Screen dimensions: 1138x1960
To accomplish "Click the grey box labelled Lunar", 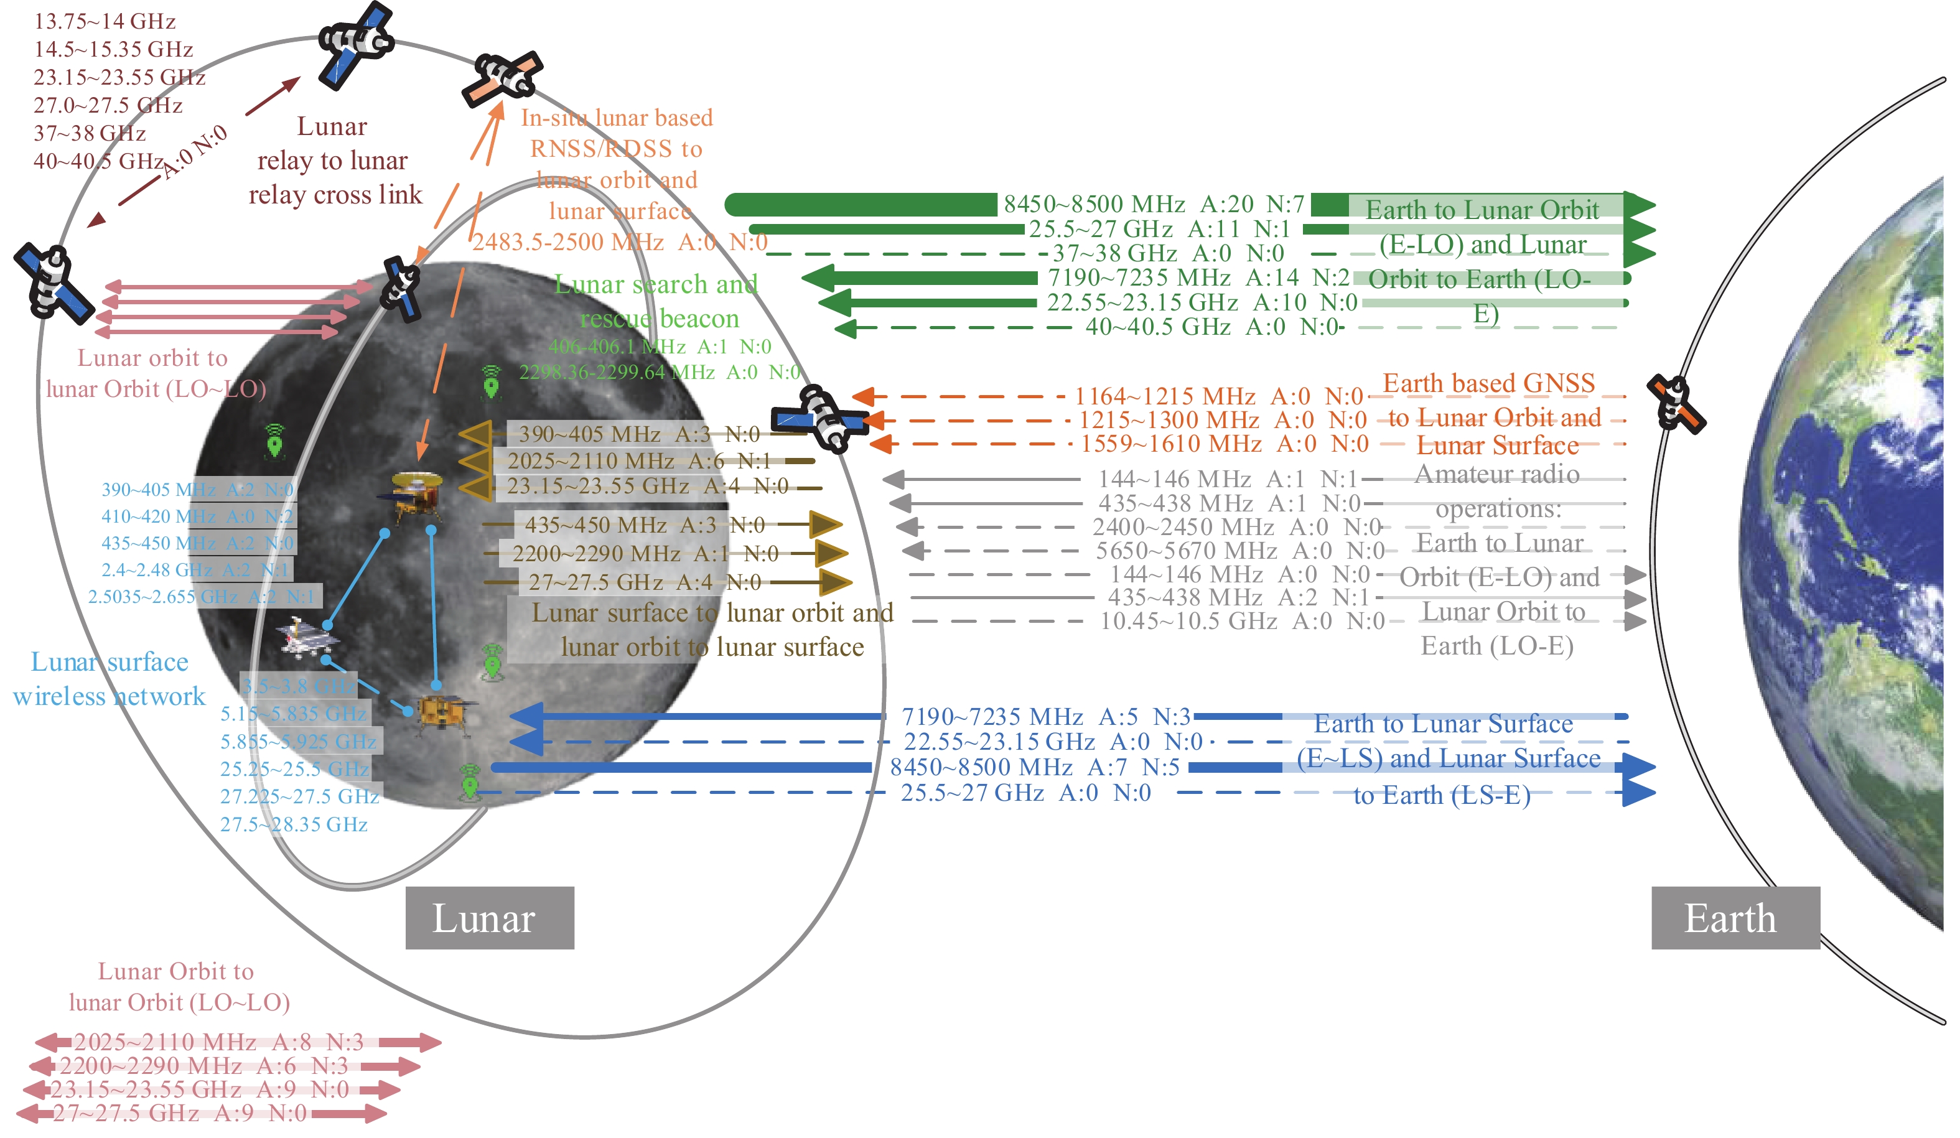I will [489, 917].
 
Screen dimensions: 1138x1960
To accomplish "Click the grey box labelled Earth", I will [1735, 917].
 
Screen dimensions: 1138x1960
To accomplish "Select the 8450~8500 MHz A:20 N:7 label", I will [1154, 204].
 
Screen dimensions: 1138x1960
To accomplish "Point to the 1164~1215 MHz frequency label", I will [1218, 396].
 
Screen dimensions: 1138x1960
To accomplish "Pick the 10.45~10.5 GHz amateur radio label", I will [1242, 621].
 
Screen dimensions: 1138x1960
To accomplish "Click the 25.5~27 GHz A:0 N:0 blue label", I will [1026, 793].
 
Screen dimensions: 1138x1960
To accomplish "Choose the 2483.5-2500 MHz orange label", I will [620, 242].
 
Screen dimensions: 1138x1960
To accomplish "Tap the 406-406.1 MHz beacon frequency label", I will [660, 346].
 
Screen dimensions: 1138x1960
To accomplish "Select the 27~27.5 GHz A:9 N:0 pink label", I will [180, 1113].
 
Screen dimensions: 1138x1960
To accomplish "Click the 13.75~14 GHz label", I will [105, 21].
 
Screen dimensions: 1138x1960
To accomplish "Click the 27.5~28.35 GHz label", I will [294, 824].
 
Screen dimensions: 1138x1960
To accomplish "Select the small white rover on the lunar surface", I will [308, 638].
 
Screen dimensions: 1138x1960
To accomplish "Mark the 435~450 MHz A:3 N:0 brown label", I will [645, 525].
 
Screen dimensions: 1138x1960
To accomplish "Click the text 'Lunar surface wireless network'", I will [110, 678].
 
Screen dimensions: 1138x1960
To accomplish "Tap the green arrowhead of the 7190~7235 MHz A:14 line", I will [818, 278].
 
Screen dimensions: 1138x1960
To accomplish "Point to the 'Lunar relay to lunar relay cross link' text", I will [335, 161].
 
